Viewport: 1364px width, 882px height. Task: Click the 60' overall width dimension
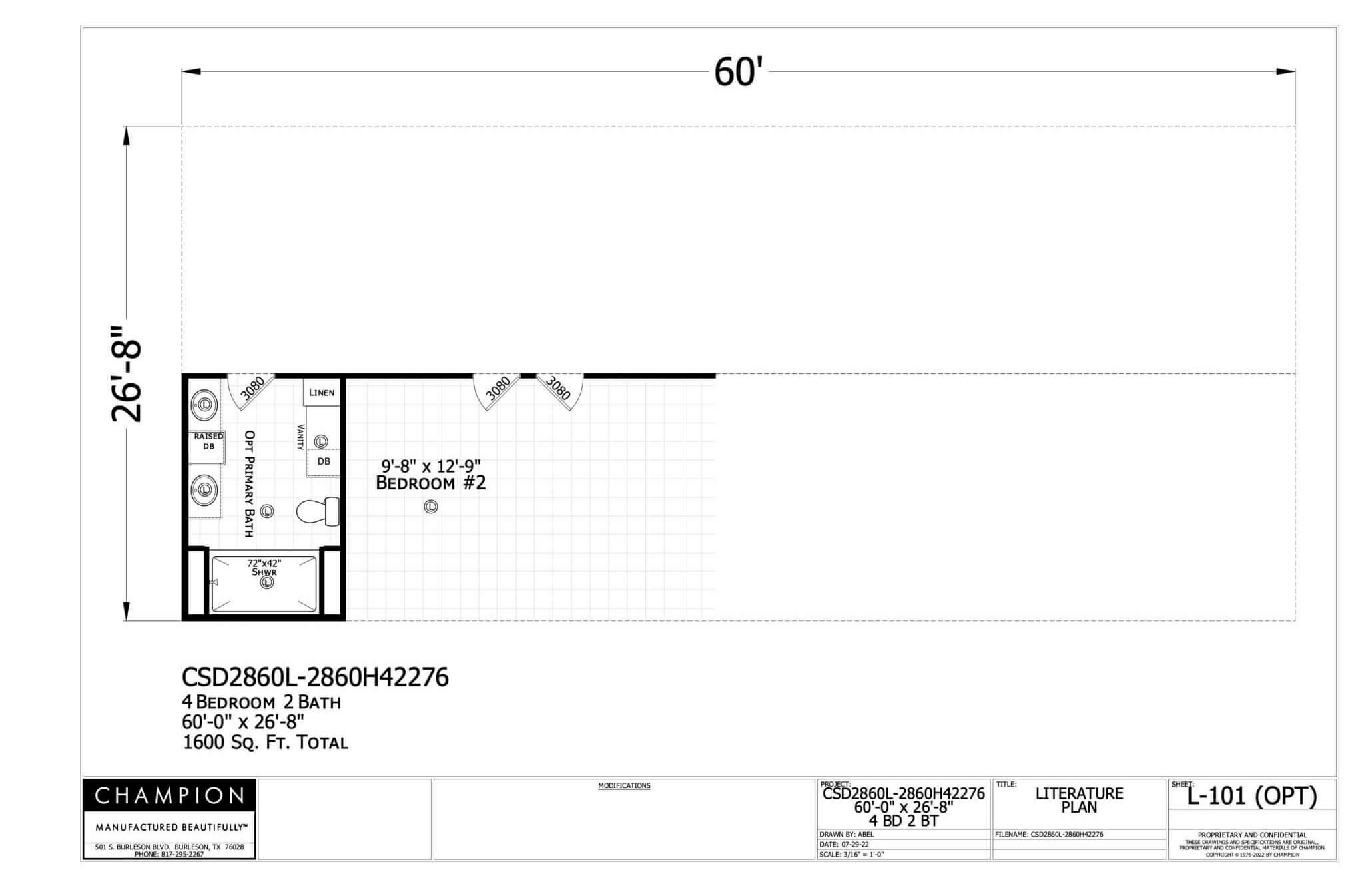pos(738,72)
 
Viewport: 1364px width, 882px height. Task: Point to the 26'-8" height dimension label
pos(126,374)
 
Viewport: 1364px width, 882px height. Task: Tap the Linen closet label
pos(322,392)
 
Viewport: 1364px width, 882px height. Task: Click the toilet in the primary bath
pos(318,511)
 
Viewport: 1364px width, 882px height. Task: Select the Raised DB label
pos(208,441)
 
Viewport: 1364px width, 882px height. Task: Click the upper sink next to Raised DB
pos(205,404)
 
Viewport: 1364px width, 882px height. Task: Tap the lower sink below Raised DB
pos(205,489)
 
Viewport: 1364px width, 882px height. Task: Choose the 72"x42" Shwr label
pos(264,568)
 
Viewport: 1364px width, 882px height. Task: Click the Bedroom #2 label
pos(431,483)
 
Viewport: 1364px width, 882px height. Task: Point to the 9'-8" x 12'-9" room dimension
pos(431,465)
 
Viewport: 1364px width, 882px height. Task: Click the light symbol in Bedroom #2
pos(431,507)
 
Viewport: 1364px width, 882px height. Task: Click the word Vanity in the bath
pos(300,437)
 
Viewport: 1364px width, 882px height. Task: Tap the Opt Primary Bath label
pos(250,483)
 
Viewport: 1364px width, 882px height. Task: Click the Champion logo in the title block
pos(169,795)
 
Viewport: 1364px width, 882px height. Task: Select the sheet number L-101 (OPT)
pos(1252,797)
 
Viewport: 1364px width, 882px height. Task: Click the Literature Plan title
pos(1079,800)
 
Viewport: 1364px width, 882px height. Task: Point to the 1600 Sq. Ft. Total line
pos(265,742)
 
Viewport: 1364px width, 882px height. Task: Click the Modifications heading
pos(624,786)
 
